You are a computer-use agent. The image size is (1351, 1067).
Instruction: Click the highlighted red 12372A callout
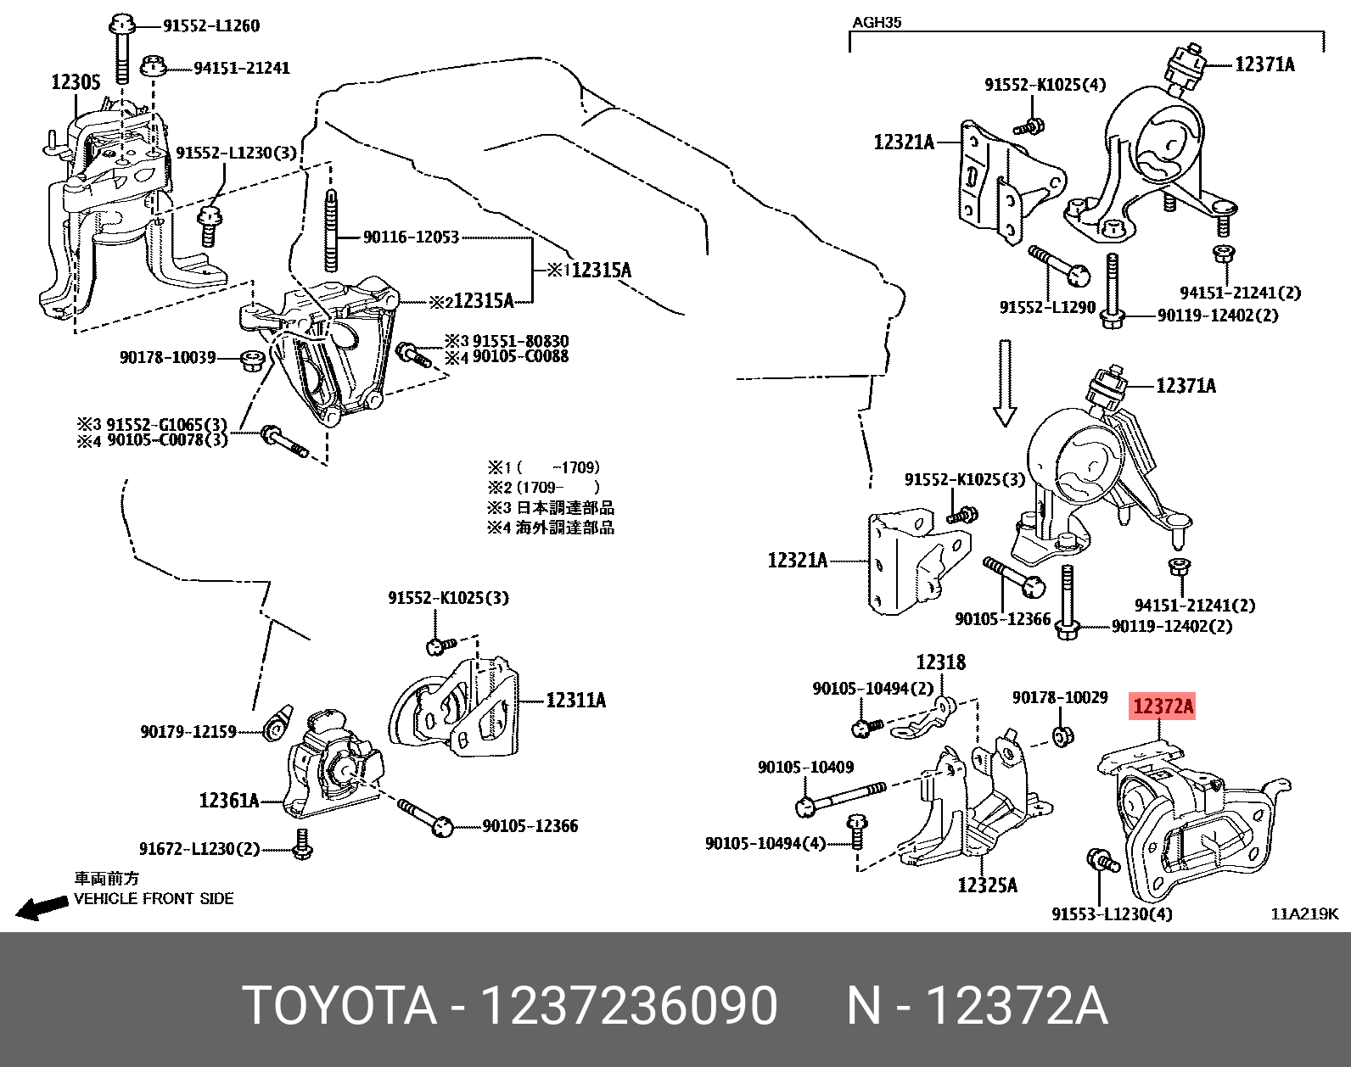pyautogui.click(x=1162, y=706)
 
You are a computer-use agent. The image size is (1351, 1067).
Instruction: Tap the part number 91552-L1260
pyautogui.click(x=210, y=25)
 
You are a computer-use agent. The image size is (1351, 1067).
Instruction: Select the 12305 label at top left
pyautogui.click(x=76, y=82)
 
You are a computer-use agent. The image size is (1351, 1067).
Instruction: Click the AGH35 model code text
pyautogui.click(x=876, y=23)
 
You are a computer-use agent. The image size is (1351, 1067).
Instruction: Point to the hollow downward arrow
pyautogui.click(x=1005, y=383)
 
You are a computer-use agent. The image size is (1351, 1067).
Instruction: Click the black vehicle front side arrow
pyautogui.click(x=42, y=908)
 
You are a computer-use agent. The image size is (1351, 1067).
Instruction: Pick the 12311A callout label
pyautogui.click(x=575, y=701)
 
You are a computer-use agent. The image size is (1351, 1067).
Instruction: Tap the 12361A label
pyautogui.click(x=228, y=800)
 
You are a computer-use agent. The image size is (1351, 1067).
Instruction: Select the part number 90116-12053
pyautogui.click(x=411, y=237)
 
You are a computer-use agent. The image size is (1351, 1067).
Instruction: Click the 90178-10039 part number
pyautogui.click(x=167, y=358)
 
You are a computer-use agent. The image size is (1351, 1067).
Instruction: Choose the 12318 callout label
pyautogui.click(x=940, y=662)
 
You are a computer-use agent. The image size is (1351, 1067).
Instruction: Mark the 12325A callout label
pyautogui.click(x=987, y=885)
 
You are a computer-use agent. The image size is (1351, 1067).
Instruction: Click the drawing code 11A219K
pyautogui.click(x=1303, y=913)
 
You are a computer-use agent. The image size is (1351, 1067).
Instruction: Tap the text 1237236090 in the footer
pyautogui.click(x=628, y=1006)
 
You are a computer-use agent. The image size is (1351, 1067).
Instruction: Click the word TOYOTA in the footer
pyautogui.click(x=339, y=1006)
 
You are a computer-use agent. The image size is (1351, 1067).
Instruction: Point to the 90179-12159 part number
pyautogui.click(x=188, y=731)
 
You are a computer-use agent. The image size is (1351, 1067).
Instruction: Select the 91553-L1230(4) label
pyautogui.click(x=1112, y=913)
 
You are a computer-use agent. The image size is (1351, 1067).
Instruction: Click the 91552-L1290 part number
pyautogui.click(x=1047, y=307)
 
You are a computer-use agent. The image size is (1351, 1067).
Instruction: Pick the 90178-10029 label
pyautogui.click(x=1059, y=697)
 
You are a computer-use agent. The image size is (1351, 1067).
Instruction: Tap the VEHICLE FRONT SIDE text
pyautogui.click(x=154, y=898)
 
